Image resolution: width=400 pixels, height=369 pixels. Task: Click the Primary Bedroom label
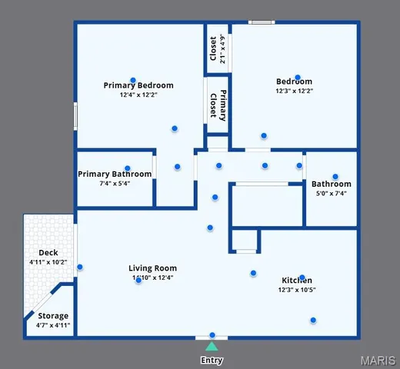pyautogui.click(x=138, y=85)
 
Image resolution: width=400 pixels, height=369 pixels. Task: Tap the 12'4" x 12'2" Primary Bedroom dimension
pyautogui.click(x=138, y=95)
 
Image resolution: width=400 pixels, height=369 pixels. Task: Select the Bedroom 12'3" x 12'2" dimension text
pyautogui.click(x=295, y=91)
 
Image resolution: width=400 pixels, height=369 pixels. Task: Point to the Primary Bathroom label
pyautogui.click(x=115, y=174)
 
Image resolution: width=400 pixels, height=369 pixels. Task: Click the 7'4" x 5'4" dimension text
pyautogui.click(x=115, y=184)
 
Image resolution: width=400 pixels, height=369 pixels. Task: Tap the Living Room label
pyautogui.click(x=152, y=268)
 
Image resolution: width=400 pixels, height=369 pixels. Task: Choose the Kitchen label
pyautogui.click(x=296, y=281)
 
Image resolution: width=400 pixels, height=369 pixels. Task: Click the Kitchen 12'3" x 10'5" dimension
pyautogui.click(x=296, y=291)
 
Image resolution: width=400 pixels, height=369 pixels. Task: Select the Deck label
pyautogui.click(x=48, y=253)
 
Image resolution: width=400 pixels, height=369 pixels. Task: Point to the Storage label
pyautogui.click(x=53, y=316)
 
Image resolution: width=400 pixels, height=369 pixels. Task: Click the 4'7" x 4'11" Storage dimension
pyautogui.click(x=53, y=325)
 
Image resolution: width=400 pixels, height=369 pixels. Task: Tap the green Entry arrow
pyautogui.click(x=212, y=346)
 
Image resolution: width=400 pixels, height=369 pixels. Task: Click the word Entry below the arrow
pyautogui.click(x=212, y=360)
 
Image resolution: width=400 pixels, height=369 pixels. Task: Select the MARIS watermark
pyautogui.click(x=377, y=359)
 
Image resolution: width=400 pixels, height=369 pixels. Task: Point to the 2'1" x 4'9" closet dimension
pyautogui.click(x=222, y=49)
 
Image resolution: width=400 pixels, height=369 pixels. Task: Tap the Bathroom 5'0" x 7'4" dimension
pyautogui.click(x=332, y=194)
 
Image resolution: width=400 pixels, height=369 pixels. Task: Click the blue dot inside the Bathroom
pyautogui.click(x=335, y=176)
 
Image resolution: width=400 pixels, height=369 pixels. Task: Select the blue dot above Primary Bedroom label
pyautogui.click(x=133, y=80)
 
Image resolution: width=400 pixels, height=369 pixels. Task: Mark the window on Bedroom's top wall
pyautogui.click(x=262, y=22)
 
